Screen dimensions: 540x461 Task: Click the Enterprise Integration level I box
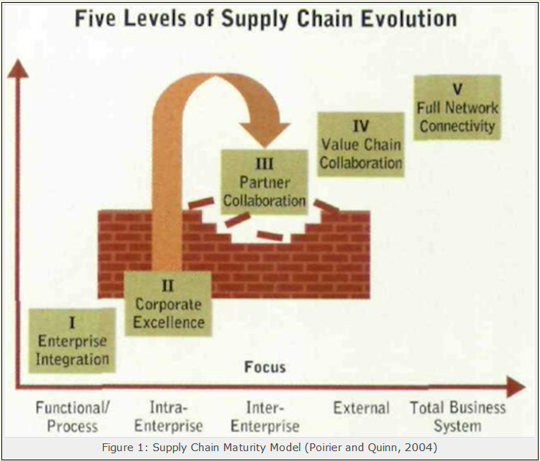pos(72,340)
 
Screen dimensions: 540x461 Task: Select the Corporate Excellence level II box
pos(168,304)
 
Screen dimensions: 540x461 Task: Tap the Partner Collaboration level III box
pos(264,182)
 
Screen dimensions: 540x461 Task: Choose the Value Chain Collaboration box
pos(361,144)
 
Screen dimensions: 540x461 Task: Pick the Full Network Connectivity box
pos(457,107)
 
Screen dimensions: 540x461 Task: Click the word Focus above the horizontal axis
pos(265,367)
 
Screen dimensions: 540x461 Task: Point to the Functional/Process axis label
pos(73,417)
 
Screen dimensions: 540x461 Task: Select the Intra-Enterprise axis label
pos(169,417)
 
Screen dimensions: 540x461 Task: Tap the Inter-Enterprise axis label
pos(265,417)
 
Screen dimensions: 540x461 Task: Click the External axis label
pos(361,408)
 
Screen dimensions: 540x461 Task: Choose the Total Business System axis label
pos(457,417)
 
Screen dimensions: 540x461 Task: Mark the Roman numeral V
pos(457,89)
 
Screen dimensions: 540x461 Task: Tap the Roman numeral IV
pos(361,126)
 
